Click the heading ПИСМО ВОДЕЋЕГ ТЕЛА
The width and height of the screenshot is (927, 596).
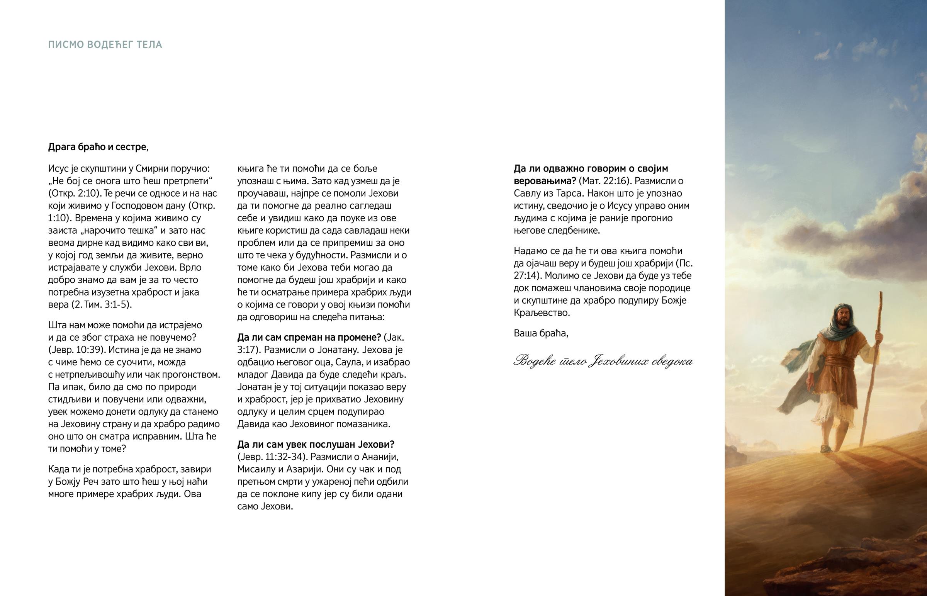click(105, 45)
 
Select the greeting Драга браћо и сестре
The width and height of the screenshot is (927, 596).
click(98, 147)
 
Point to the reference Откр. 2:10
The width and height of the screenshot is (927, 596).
click(74, 194)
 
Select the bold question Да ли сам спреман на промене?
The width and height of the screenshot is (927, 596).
click(309, 338)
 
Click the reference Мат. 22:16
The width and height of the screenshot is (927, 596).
click(605, 181)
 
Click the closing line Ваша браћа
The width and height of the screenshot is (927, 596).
click(541, 333)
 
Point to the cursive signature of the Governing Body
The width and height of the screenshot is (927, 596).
click(603, 362)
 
